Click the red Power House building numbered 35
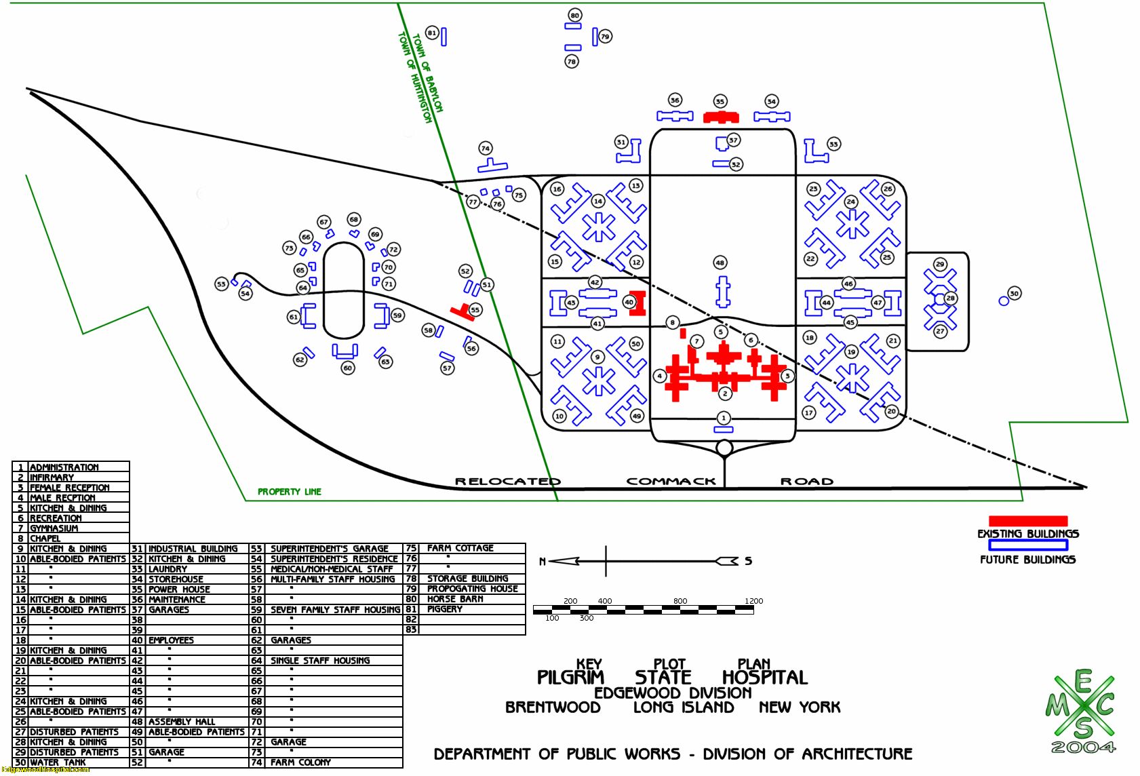coord(720,117)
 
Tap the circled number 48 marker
coord(720,263)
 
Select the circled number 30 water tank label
coord(1014,294)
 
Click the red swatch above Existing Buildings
coord(1027,521)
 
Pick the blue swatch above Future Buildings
coord(1027,545)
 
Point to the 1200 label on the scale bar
coord(753,601)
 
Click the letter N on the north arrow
coord(543,562)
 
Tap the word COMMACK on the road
coord(671,482)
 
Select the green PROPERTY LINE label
coord(290,492)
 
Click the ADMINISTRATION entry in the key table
coord(64,467)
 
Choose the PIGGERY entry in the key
coord(445,609)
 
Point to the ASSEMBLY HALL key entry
coord(182,722)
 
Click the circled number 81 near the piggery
coord(432,33)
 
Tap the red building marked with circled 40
coord(637,303)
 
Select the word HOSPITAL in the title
coord(764,678)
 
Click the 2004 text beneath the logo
coord(1082,748)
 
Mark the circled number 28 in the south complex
coord(951,298)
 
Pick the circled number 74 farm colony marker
coord(485,149)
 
